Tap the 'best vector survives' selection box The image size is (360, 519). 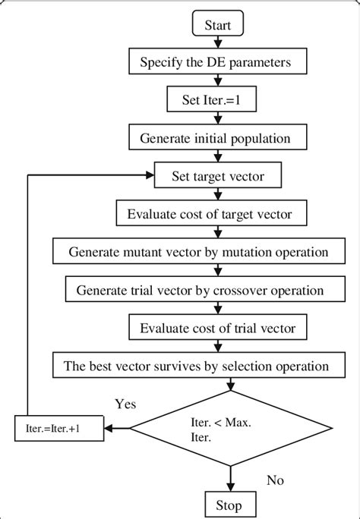click(196, 366)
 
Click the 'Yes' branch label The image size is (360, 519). click(125, 404)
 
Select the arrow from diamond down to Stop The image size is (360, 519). click(229, 478)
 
